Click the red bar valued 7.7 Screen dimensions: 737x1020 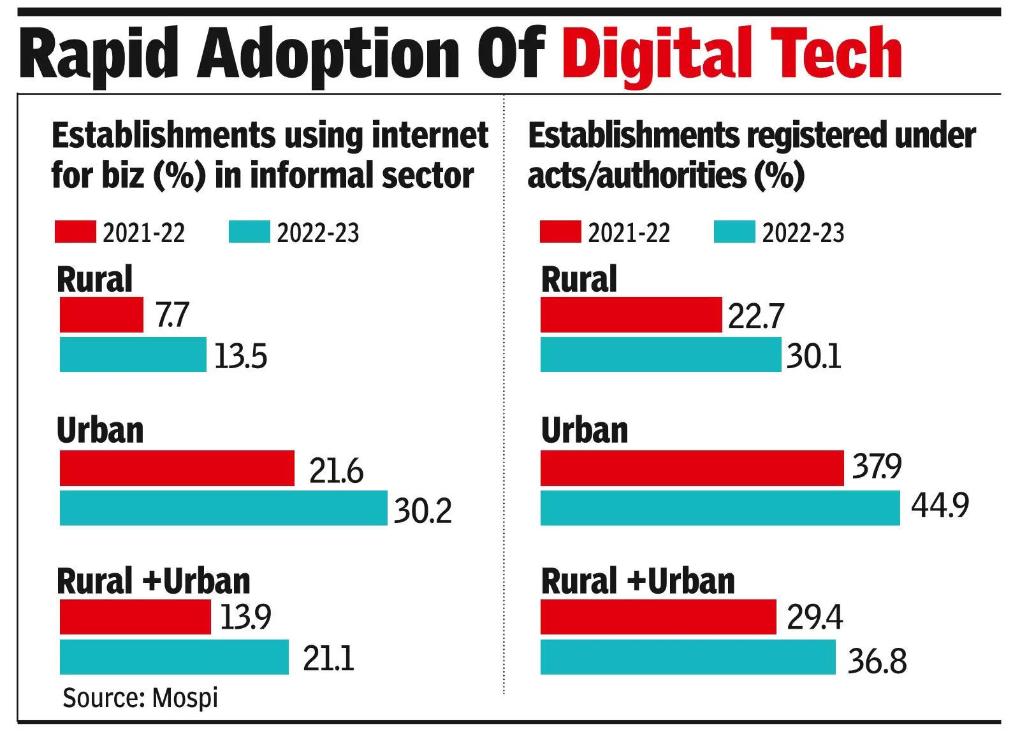[x=101, y=315]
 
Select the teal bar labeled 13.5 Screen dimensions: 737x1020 [x=133, y=355]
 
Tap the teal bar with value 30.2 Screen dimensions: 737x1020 [x=223, y=508]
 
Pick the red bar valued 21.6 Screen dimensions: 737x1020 [x=177, y=468]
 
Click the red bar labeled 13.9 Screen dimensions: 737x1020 [x=135, y=617]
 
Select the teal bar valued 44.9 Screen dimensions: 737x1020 [x=720, y=508]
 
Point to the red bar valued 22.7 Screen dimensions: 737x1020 [x=630, y=315]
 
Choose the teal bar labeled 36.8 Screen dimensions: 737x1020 [x=687, y=657]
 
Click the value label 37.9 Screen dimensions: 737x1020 [x=877, y=467]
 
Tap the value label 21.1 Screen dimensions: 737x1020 [x=328, y=658]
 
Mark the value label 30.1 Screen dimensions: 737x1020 [x=813, y=356]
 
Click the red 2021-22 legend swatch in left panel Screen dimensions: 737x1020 [x=75, y=232]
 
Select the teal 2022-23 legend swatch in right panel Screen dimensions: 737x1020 [x=734, y=232]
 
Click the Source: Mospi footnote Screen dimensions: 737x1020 [x=140, y=698]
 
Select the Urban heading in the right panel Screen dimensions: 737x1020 [x=584, y=431]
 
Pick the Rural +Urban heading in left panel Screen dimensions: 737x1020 [x=153, y=581]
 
